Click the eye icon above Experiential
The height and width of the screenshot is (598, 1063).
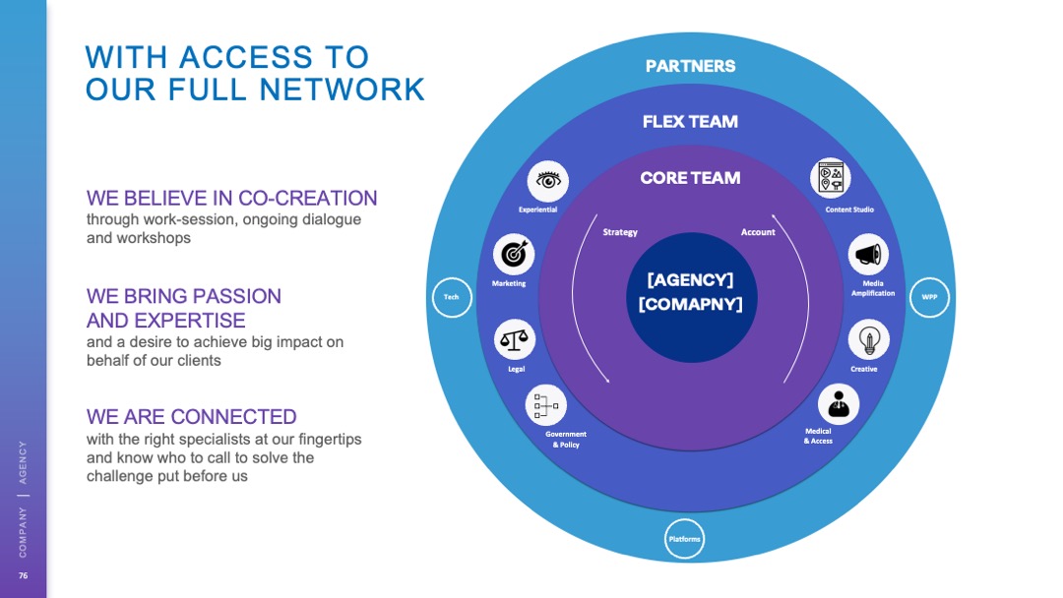pyautogui.click(x=548, y=181)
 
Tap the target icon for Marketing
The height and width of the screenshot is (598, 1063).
pyautogui.click(x=513, y=255)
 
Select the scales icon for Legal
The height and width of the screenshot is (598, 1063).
pyautogui.click(x=514, y=339)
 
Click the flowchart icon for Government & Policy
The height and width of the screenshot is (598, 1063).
pyautogui.click(x=545, y=404)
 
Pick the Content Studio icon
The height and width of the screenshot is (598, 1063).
pyautogui.click(x=830, y=179)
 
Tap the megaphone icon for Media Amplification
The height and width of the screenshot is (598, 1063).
pyautogui.click(x=868, y=255)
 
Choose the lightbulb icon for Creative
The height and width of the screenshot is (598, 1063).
pyautogui.click(x=868, y=340)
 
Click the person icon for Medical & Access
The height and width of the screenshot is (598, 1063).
pyautogui.click(x=838, y=403)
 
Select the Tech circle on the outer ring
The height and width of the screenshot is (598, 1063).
pyautogui.click(x=451, y=297)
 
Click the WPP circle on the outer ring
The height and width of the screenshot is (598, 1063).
pyautogui.click(x=929, y=297)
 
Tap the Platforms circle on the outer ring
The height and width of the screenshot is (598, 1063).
pyautogui.click(x=684, y=539)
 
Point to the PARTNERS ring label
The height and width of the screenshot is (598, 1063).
pyautogui.click(x=690, y=66)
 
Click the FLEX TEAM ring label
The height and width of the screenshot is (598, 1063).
pyautogui.click(x=690, y=122)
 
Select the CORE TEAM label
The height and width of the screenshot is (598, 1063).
pyautogui.click(x=690, y=178)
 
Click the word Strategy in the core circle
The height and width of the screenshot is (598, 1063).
pyautogui.click(x=620, y=232)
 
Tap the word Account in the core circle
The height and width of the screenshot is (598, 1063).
pyautogui.click(x=758, y=232)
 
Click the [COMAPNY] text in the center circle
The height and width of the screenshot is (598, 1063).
pyautogui.click(x=690, y=304)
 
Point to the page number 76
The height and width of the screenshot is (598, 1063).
pyautogui.click(x=24, y=574)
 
